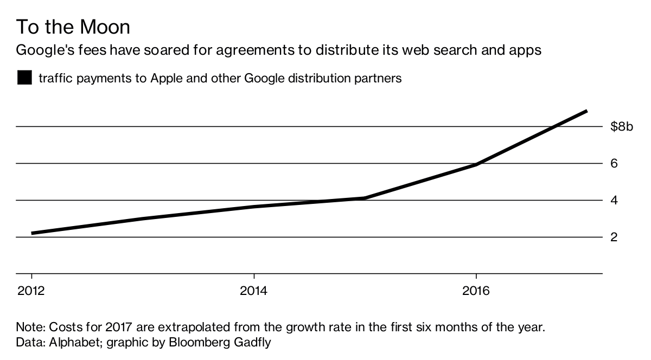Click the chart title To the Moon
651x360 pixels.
click(73, 27)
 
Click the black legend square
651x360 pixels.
click(25, 78)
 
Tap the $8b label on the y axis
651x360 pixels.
click(621, 127)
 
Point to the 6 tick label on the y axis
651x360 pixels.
click(615, 164)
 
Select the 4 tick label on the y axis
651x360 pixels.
click(615, 201)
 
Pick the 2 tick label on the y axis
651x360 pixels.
click(615, 237)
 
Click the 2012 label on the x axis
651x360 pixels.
click(31, 291)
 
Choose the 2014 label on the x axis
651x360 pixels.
click(254, 291)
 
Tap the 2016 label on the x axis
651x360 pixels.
click(476, 291)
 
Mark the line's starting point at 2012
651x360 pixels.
click(32, 233)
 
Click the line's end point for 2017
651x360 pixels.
click(586, 111)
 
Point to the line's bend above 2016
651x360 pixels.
click(476, 165)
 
